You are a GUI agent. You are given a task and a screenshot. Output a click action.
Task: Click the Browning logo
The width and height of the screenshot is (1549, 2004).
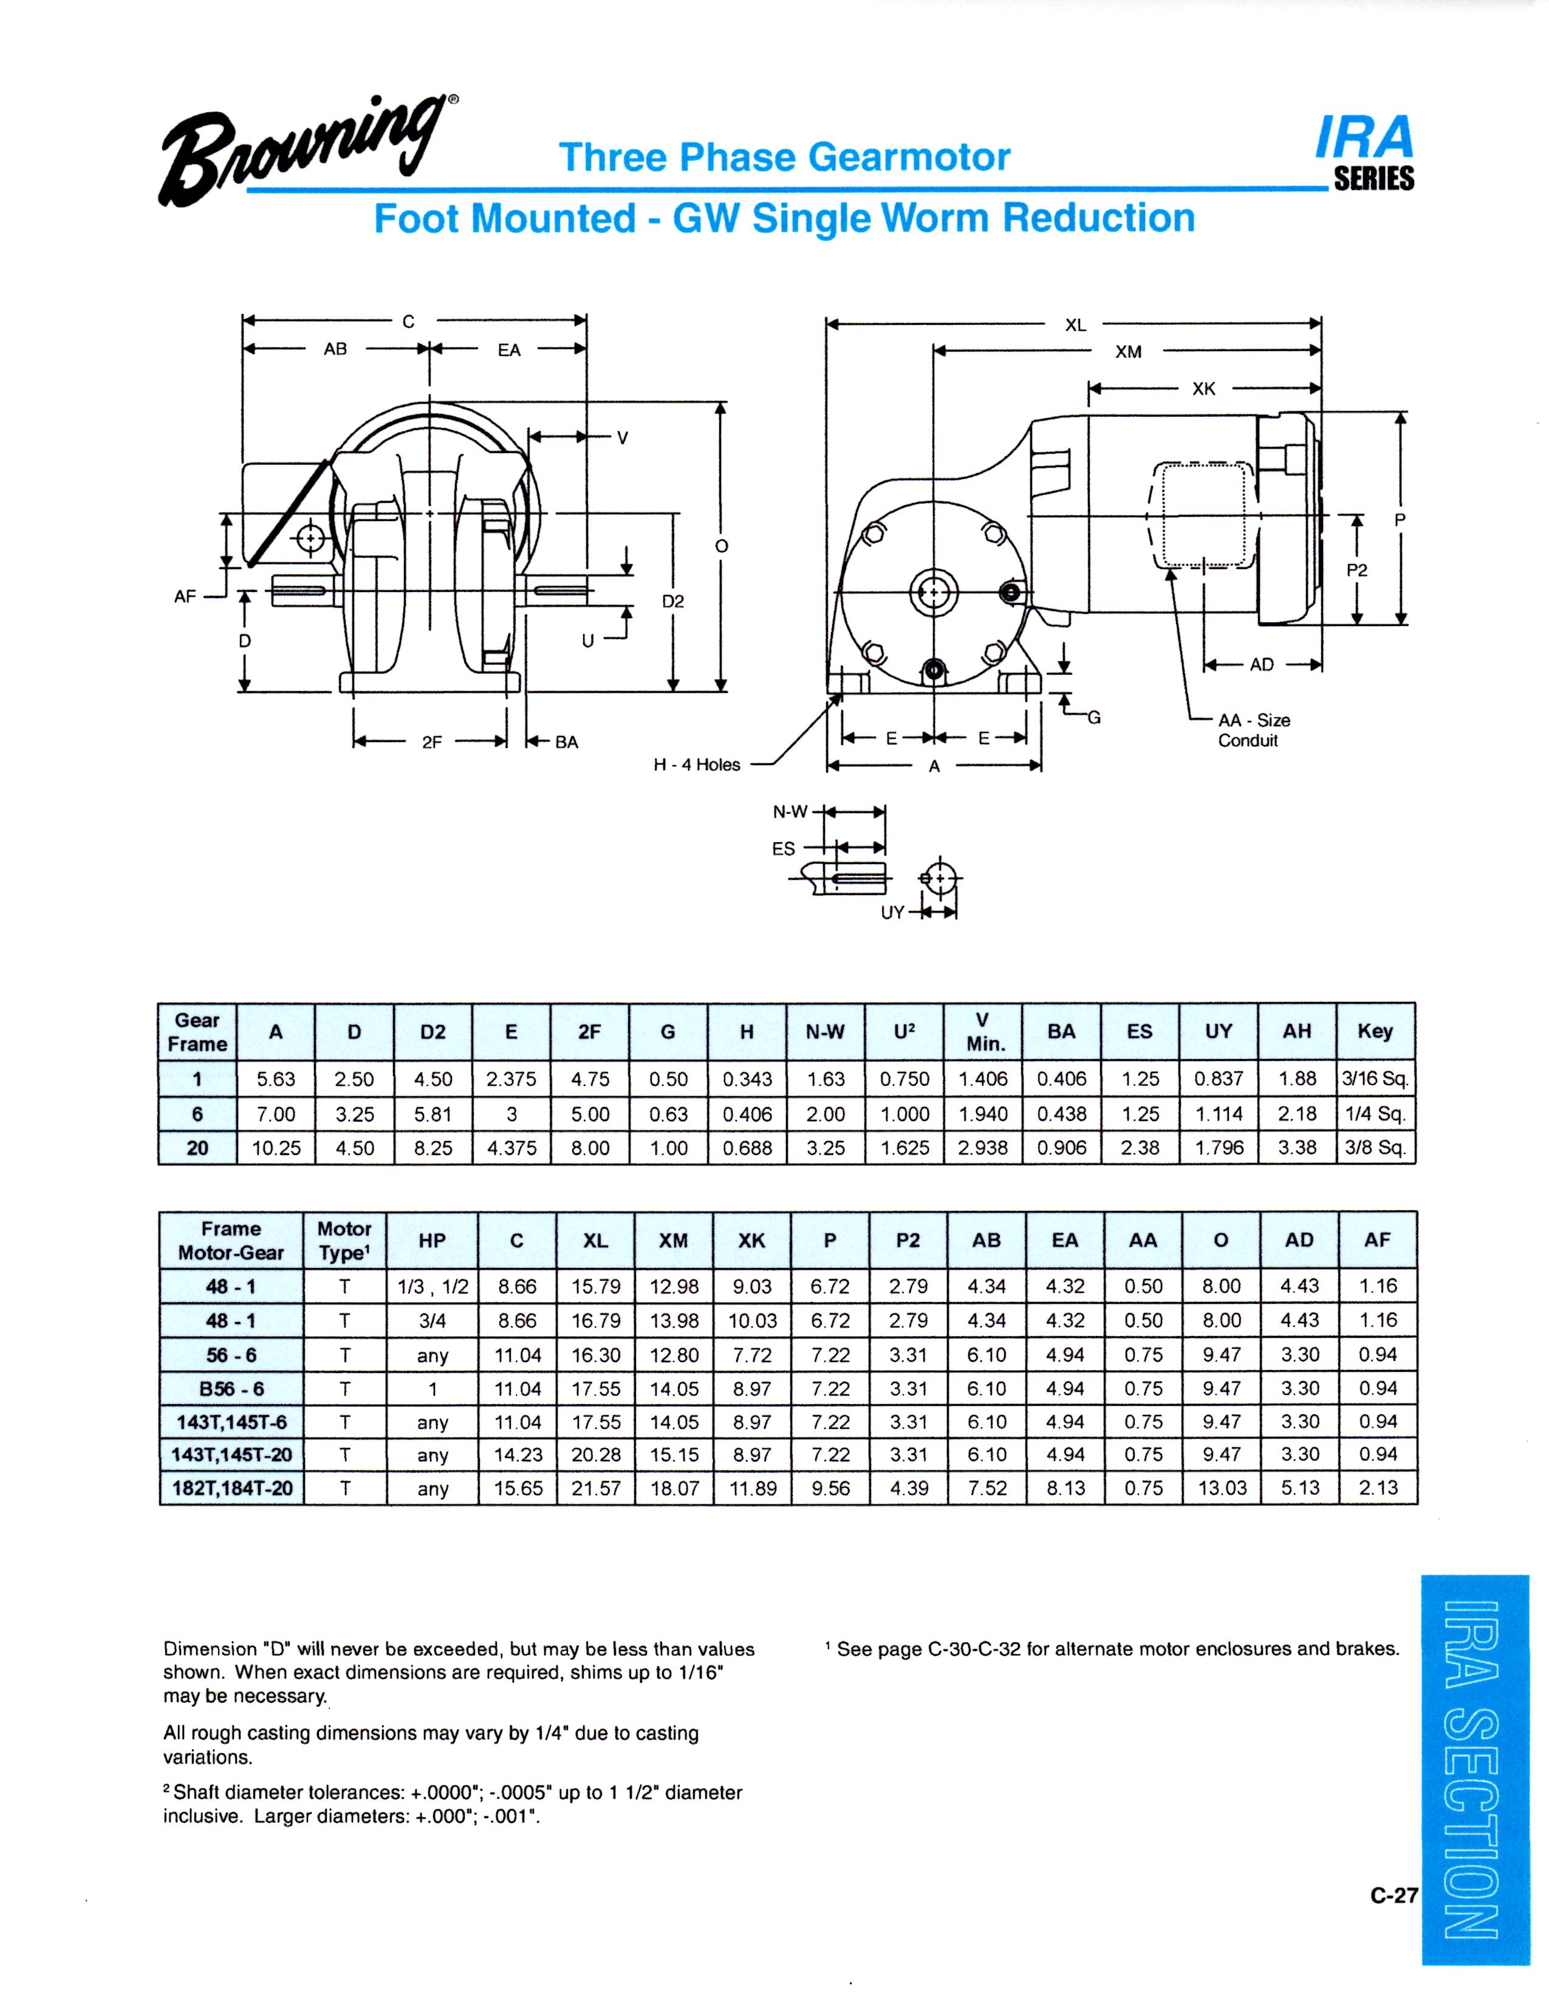(x=309, y=151)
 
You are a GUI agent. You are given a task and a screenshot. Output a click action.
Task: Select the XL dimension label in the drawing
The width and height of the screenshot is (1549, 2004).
(x=1075, y=325)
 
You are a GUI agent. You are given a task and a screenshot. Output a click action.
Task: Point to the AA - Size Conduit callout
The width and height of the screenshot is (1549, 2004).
(x=1254, y=731)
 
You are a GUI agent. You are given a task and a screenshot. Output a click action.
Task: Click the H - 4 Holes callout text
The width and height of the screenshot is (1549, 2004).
(x=697, y=765)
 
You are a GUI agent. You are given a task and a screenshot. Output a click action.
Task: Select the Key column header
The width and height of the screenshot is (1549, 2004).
(x=1375, y=1031)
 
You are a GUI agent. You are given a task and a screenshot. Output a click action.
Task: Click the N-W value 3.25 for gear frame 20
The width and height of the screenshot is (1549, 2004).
(x=825, y=1148)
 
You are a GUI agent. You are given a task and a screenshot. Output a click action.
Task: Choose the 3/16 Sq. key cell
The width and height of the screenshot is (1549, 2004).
(x=1375, y=1079)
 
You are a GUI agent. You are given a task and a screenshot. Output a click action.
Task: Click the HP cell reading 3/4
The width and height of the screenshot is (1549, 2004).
(x=433, y=1321)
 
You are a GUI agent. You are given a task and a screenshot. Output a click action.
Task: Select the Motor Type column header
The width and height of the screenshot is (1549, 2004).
(x=344, y=1241)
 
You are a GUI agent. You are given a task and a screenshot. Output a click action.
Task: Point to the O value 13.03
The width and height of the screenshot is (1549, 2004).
(x=1222, y=1488)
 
